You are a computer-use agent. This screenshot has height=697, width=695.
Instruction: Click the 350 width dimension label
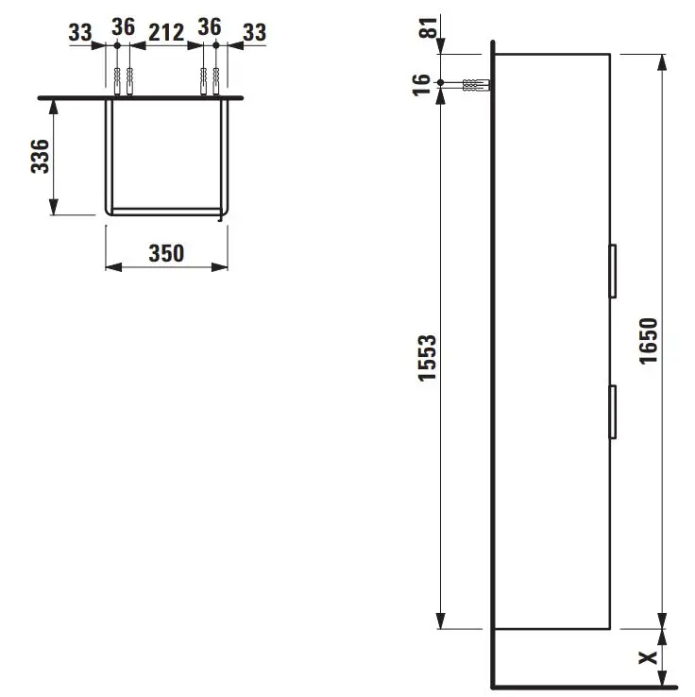pos(166,253)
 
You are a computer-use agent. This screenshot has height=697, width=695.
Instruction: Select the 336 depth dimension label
pos(40,156)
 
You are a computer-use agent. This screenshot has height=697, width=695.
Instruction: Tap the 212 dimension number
pos(166,33)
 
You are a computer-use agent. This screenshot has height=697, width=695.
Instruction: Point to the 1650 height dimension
pos(649,341)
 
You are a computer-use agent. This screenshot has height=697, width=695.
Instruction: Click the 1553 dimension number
pos(428,358)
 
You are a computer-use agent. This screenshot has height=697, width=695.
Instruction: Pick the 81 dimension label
pos(429,27)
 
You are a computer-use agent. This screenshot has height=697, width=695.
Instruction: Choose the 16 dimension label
pos(422,85)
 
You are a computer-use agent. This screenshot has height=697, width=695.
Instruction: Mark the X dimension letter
pos(649,657)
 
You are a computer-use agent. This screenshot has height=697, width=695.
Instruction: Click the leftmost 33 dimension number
pos(80,32)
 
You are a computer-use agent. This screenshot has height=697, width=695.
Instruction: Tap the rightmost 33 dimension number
pos(255,32)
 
